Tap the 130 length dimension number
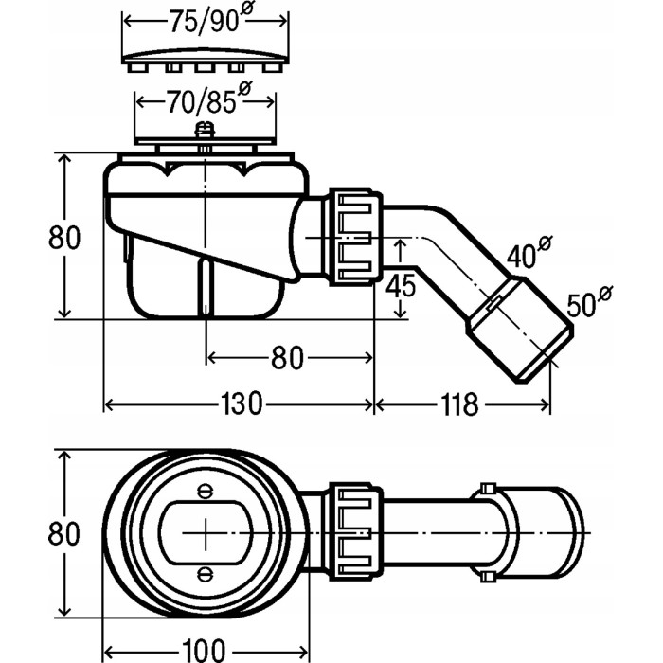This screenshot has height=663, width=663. point(241,404)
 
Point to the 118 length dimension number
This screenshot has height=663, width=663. point(458,404)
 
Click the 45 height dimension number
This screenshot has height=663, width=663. point(403,283)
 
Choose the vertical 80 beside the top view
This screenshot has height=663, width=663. point(63,533)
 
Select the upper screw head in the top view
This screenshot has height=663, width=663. point(206,491)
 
